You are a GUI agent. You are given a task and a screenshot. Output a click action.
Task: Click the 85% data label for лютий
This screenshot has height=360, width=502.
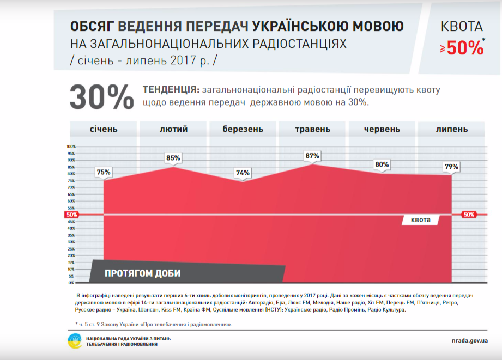click(173, 158)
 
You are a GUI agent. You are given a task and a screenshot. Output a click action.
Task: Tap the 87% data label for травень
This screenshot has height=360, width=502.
click(312, 156)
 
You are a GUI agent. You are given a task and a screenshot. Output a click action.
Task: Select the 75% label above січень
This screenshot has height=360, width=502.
click(104, 172)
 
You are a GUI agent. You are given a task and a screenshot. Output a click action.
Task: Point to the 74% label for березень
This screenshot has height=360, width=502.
click(243, 173)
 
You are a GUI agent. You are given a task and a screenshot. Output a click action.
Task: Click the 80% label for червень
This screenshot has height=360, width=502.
click(382, 164)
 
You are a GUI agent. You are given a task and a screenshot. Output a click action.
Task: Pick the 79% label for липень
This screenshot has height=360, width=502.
click(451, 166)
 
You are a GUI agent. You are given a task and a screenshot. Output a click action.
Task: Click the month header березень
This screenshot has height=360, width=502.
click(243, 129)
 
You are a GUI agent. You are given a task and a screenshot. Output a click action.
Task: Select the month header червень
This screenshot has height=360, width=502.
click(382, 129)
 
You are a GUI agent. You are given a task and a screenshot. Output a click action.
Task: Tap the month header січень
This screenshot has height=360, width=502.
click(104, 129)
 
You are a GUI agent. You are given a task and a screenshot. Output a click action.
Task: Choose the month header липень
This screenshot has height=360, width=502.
click(451, 129)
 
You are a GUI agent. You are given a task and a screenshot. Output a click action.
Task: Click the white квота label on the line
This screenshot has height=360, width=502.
click(421, 220)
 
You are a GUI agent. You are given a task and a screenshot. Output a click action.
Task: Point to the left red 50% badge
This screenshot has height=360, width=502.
click(71, 215)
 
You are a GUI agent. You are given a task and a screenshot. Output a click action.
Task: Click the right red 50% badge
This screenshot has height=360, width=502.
click(469, 215)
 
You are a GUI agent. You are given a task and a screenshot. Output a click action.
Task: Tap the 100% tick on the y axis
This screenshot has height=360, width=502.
click(71, 147)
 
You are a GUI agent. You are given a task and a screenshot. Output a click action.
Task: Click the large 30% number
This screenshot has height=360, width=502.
click(101, 97)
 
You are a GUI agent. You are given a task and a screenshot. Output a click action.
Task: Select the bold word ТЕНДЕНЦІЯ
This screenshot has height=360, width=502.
click(170, 90)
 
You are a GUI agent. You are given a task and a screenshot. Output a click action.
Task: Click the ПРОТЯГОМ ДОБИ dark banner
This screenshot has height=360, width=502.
click(143, 273)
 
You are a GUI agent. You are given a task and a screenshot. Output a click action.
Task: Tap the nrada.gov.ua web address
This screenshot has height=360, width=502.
click(466, 340)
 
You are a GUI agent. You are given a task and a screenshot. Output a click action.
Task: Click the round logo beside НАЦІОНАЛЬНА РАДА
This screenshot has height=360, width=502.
click(75, 341)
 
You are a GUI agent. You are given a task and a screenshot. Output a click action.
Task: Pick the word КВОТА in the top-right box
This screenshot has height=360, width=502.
click(462, 26)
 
